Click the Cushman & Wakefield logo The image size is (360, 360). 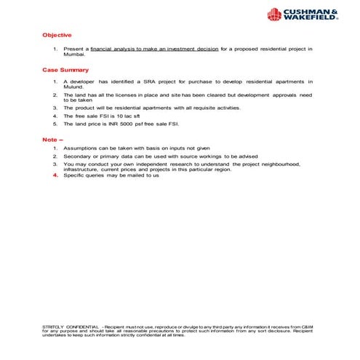point(303,14)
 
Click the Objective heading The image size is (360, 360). point(57,35)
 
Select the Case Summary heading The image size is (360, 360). point(65,70)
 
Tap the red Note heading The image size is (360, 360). point(53,140)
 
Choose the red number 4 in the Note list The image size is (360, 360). point(55,176)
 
